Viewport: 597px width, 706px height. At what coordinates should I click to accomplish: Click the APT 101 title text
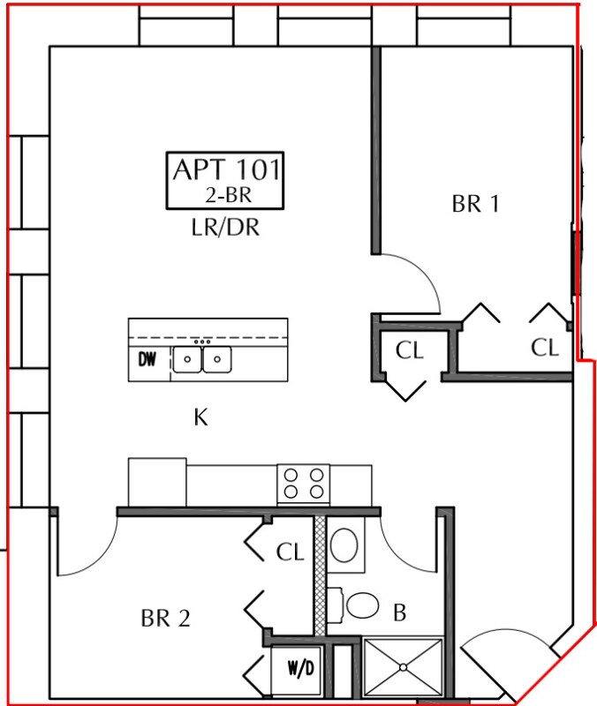point(227,169)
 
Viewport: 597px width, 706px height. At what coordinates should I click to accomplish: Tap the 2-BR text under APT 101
point(229,195)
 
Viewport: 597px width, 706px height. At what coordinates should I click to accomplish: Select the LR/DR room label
point(225,228)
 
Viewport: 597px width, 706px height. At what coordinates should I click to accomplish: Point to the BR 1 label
point(475,204)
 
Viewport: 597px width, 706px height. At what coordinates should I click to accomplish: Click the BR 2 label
point(165,619)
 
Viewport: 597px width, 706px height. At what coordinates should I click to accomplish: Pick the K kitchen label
point(200,417)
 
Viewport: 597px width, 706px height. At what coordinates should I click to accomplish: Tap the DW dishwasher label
point(147,359)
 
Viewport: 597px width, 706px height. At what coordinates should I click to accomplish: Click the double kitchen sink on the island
point(202,359)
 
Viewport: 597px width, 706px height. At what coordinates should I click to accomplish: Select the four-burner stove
point(303,484)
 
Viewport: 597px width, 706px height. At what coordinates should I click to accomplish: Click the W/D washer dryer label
point(300,668)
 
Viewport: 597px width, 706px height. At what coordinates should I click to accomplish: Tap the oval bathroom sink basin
point(344,545)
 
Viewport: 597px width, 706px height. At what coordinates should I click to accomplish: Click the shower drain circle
point(404,667)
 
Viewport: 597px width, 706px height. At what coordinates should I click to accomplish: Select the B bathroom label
point(400,612)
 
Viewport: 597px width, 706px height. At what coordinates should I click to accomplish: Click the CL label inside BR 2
point(291,552)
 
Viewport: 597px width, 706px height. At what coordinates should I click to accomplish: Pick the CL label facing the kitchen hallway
point(410,350)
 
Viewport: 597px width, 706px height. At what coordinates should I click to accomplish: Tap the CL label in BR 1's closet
point(545,348)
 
